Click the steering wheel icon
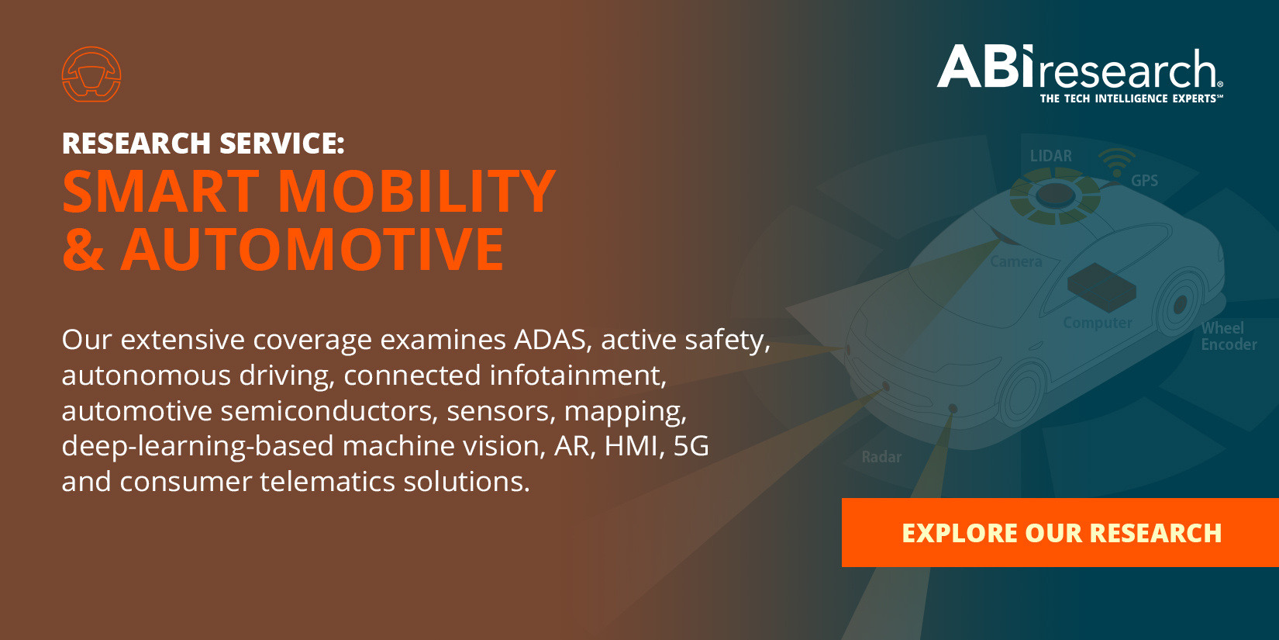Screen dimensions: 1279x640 91,74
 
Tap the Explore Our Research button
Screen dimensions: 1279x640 1060,533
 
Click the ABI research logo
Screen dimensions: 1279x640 1080,74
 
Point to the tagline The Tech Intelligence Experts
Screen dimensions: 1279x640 1131,99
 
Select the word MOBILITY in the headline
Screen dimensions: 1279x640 417,191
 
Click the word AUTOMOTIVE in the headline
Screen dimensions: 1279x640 312,249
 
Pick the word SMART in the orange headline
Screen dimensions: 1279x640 161,191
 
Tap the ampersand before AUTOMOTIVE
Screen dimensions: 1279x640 84,249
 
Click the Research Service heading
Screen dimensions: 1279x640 203,143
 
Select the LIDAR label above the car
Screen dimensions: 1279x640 1050,156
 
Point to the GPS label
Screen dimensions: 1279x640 1144,181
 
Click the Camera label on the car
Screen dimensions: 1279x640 1015,261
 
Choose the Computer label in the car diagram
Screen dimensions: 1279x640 1098,323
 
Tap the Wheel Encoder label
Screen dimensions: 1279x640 1229,336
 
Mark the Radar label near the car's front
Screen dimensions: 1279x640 881,457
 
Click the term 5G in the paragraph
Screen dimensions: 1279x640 691,446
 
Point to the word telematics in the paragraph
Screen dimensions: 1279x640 327,481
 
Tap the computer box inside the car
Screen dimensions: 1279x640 1101,288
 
